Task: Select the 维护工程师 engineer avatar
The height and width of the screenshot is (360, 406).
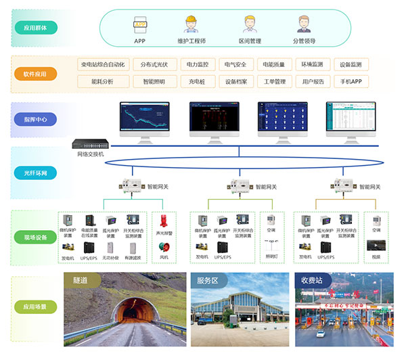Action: pos(191,25)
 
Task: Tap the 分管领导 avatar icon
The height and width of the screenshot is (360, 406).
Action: pos(303,24)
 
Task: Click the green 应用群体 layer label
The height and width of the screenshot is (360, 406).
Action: pos(36,28)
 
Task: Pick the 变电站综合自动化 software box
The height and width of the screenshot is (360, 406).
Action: pos(102,65)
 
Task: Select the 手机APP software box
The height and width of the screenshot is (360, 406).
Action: pos(351,82)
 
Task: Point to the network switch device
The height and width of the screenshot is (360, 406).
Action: pos(92,144)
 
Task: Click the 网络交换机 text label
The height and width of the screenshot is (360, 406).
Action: pos(92,155)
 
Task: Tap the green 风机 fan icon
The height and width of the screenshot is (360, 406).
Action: pos(163,246)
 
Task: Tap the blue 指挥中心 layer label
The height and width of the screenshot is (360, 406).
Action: pos(36,119)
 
